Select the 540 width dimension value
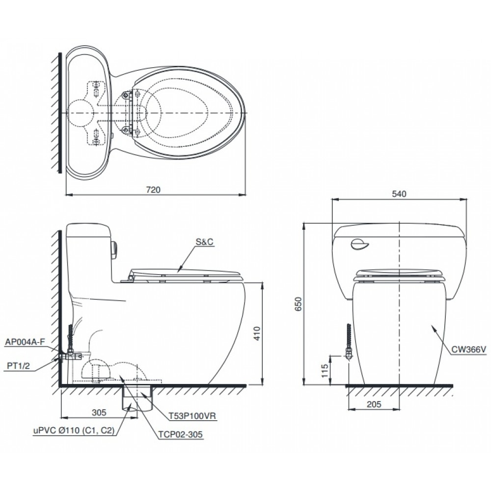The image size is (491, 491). pos(399,194)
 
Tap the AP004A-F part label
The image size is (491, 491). pos(25,341)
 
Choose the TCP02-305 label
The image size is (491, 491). pos(180,434)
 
